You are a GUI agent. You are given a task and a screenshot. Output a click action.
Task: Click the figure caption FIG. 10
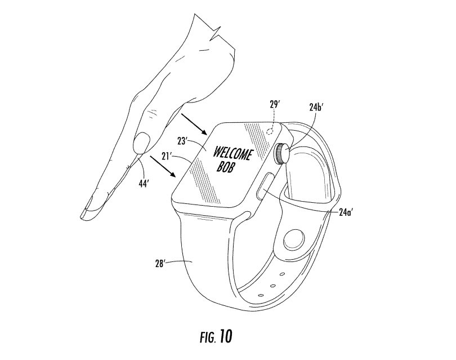pos(214,337)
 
